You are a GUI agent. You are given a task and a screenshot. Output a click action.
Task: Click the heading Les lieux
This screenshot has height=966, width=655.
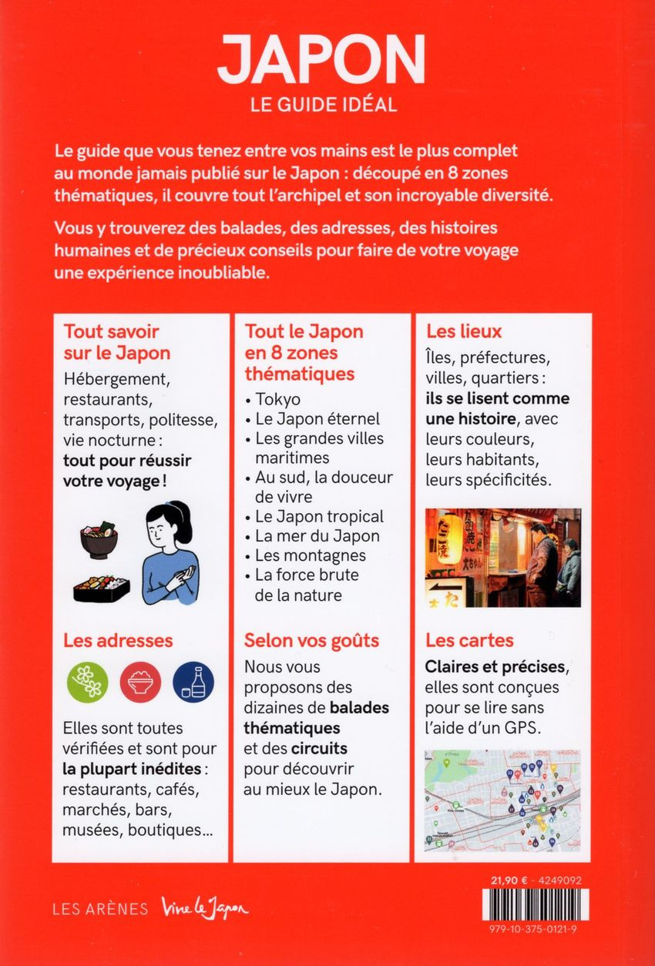point(464,332)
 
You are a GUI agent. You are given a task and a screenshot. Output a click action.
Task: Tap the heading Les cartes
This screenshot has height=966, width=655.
point(470,640)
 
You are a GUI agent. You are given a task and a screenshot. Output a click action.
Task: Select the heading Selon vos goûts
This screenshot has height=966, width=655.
point(311,640)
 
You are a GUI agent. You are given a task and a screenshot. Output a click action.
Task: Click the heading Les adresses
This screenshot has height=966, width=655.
point(118,640)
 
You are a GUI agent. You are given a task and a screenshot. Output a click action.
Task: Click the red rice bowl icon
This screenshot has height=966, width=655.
point(141,682)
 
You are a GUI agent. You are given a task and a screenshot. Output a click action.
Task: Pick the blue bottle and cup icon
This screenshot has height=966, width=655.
point(193,682)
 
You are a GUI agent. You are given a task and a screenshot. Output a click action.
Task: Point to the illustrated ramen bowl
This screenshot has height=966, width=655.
point(99,540)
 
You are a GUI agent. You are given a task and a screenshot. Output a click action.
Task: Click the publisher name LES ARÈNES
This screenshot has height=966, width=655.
point(100,909)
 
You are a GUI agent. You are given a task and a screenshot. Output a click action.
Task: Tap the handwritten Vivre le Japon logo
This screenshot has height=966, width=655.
point(205,909)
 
